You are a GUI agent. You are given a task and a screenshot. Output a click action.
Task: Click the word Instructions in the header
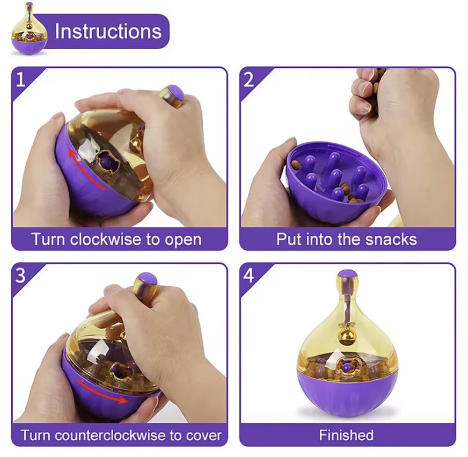pyautogui.click(x=108, y=31)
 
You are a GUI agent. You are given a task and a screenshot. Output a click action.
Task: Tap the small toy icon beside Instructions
pyautogui.click(x=29, y=29)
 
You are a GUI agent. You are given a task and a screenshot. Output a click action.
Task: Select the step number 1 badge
pyautogui.click(x=20, y=80)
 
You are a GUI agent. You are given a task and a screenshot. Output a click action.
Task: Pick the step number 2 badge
pyautogui.click(x=249, y=80)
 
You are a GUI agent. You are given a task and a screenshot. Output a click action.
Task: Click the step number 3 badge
pyautogui.click(x=20, y=276)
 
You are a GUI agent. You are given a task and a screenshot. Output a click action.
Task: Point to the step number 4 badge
pyautogui.click(x=249, y=276)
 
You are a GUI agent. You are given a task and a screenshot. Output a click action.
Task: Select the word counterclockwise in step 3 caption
pyautogui.click(x=110, y=435)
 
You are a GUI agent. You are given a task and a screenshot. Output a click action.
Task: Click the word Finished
pyautogui.click(x=346, y=435)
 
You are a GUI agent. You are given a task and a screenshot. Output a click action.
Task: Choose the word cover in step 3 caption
pyautogui.click(x=204, y=435)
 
